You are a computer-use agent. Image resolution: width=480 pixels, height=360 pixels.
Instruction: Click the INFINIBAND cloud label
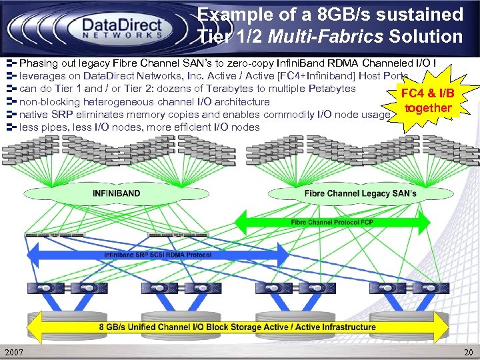tap(116, 194)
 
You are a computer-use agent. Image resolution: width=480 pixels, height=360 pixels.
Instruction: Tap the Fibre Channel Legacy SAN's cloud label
tap(360, 194)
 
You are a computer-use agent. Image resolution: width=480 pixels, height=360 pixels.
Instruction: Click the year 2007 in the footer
tap(15, 351)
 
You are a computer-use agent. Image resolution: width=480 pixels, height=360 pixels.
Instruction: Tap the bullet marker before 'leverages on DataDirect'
tap(11, 76)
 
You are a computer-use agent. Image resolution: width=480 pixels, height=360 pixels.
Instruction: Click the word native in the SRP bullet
tap(34, 115)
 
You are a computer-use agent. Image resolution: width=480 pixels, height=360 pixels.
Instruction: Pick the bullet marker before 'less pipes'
tap(11, 127)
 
